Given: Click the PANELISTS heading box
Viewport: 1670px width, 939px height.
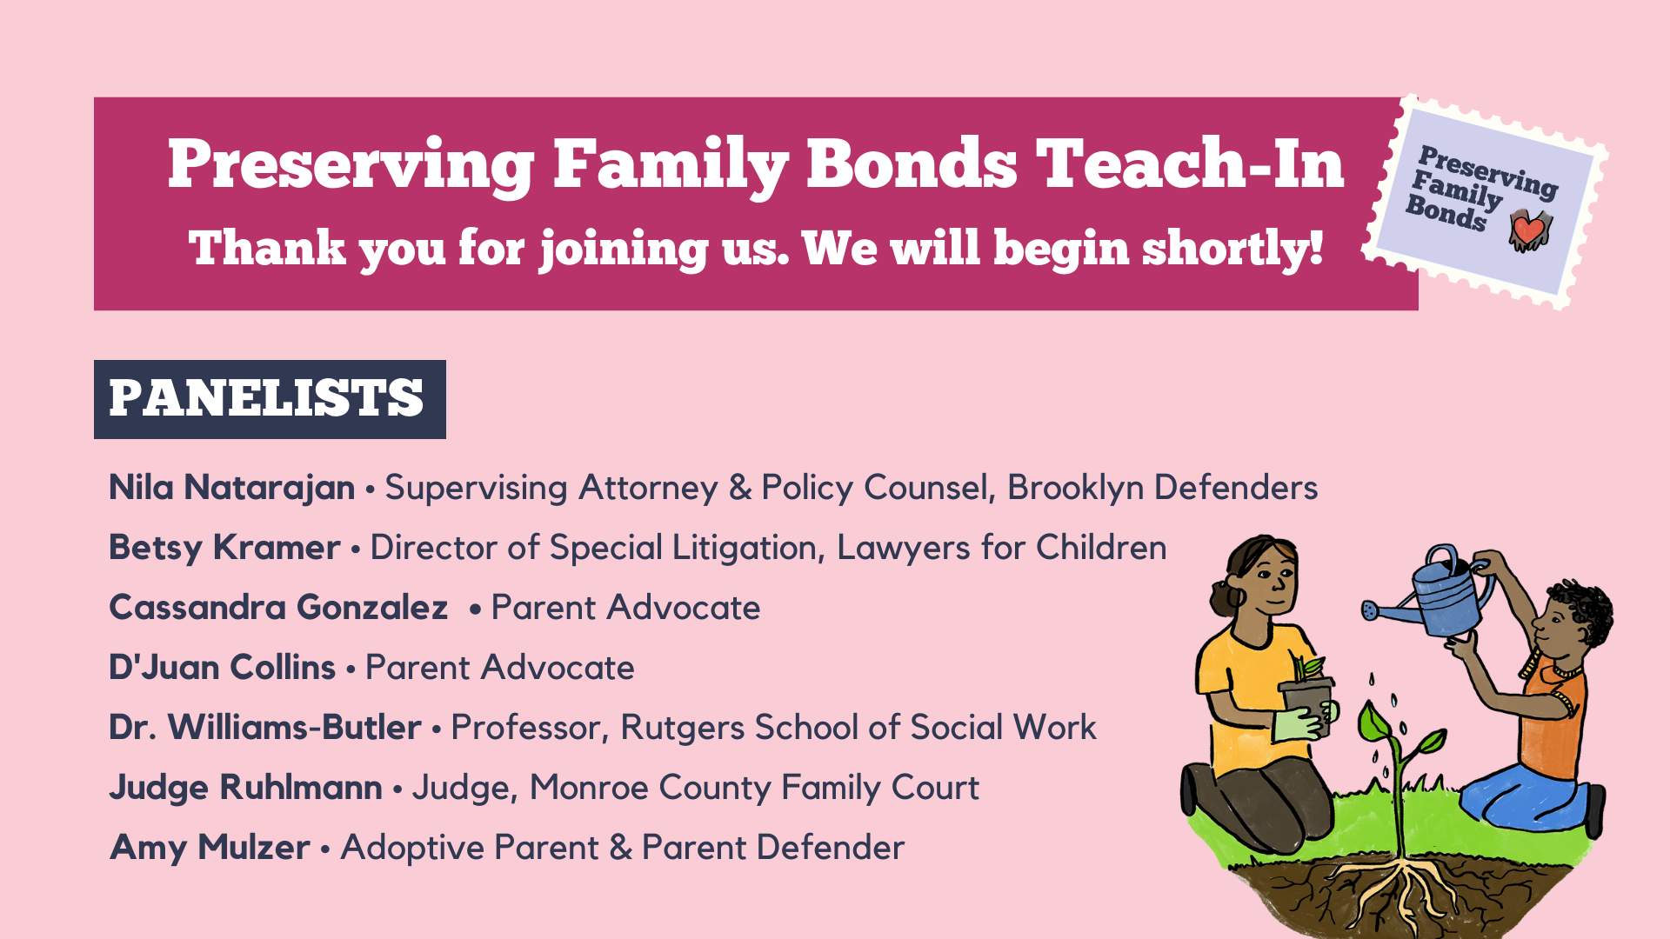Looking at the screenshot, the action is pyautogui.click(x=270, y=399).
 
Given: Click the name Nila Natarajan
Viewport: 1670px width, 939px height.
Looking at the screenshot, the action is pyautogui.click(x=231, y=489).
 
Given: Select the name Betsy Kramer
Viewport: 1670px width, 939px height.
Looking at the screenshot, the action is pyautogui.click(x=224, y=549).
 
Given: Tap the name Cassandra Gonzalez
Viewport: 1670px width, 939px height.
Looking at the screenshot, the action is pyautogui.click(x=278, y=608).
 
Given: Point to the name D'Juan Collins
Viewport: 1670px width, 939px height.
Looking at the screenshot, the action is pyautogui.click(x=222, y=668).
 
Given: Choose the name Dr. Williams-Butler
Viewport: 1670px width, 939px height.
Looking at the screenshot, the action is pyautogui.click(x=265, y=728).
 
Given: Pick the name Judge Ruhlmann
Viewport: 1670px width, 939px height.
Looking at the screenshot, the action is pyautogui.click(x=245, y=789).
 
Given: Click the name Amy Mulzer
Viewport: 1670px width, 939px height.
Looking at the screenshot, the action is pyautogui.click(x=210, y=849).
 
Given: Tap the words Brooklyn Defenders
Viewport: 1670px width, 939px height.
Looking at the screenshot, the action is pyautogui.click(x=1162, y=489).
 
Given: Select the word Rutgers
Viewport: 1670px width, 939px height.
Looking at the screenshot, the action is pyautogui.click(x=681, y=729).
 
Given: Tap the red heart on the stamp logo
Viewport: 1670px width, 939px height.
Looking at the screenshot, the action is pyautogui.click(x=1528, y=230).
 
